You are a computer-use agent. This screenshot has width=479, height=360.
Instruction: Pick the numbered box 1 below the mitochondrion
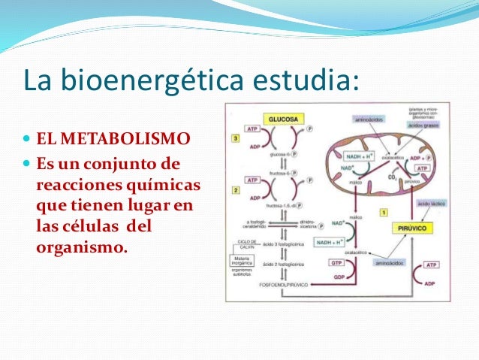384,213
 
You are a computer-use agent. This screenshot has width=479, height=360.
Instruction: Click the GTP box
337,264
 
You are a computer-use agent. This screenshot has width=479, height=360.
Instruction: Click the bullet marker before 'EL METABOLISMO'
28,140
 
